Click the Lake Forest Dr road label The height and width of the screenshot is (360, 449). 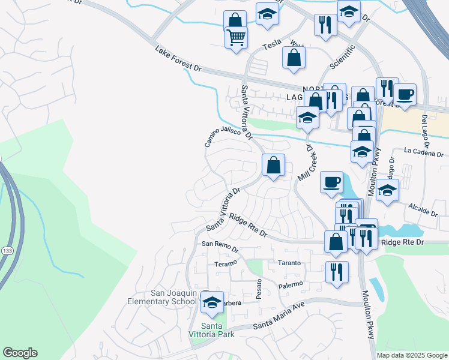(x=178, y=59)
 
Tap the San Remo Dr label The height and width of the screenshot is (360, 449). (x=220, y=244)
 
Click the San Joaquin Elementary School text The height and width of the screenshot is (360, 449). (x=164, y=296)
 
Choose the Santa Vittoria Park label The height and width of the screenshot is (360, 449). (x=217, y=330)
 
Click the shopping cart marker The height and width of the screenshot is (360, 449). (x=236, y=38)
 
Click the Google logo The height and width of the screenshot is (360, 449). (x=20, y=353)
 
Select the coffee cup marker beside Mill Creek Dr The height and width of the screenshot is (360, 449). (x=331, y=183)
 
